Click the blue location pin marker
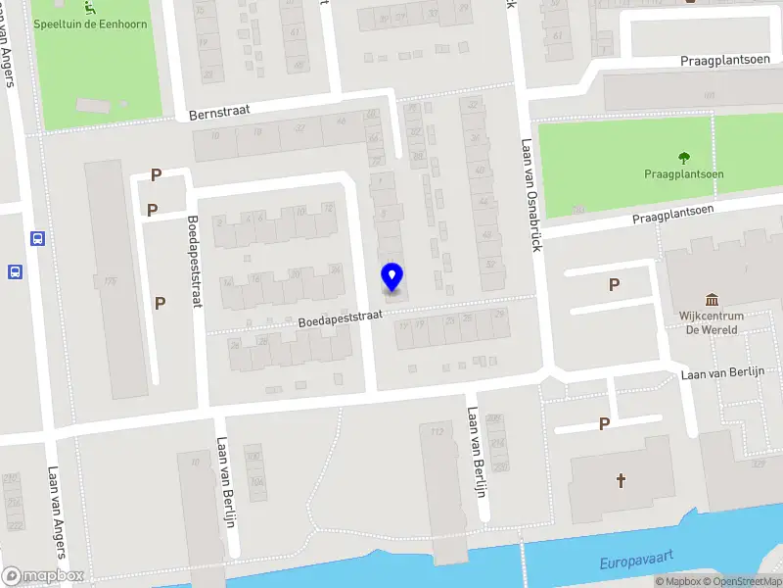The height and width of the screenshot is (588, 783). [x=391, y=277]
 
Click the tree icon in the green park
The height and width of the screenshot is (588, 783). [x=683, y=157]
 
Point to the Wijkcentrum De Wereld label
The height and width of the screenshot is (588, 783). [x=712, y=322]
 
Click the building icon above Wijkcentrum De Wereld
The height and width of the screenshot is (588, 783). [x=712, y=299]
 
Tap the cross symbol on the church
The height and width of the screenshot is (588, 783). [x=620, y=480]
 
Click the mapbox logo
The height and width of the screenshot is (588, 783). [x=43, y=576]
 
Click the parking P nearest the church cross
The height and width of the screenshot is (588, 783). [x=604, y=424]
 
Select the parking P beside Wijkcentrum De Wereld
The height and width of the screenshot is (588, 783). [x=614, y=285]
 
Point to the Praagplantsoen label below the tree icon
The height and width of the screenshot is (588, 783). [x=684, y=174]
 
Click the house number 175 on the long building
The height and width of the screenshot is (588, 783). [x=111, y=281]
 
